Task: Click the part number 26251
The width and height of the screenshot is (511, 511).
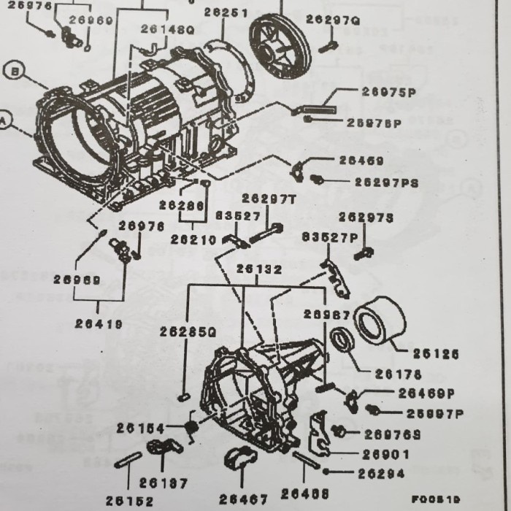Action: click(225, 12)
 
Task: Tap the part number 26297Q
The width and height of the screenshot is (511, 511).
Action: click(333, 20)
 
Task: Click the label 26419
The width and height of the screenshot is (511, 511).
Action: click(99, 323)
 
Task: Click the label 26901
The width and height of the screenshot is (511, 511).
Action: click(384, 453)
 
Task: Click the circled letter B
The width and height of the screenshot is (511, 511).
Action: click(14, 72)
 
